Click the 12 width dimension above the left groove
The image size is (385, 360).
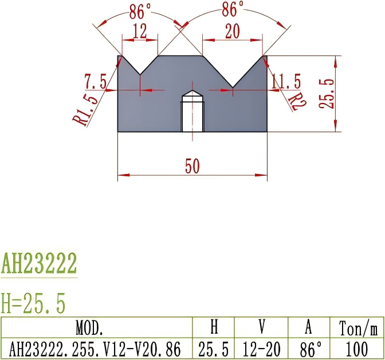point(140,31)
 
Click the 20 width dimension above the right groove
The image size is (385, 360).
point(232,32)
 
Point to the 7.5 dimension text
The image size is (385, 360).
point(95,82)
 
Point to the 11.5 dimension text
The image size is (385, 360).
point(286,82)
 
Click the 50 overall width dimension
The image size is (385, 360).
point(192,166)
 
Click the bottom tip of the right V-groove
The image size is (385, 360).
point(233,88)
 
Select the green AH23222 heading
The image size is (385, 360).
point(39,264)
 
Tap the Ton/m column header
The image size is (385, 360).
point(358,328)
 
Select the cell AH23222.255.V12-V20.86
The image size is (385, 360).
point(96,348)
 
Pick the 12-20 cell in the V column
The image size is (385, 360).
point(262,348)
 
